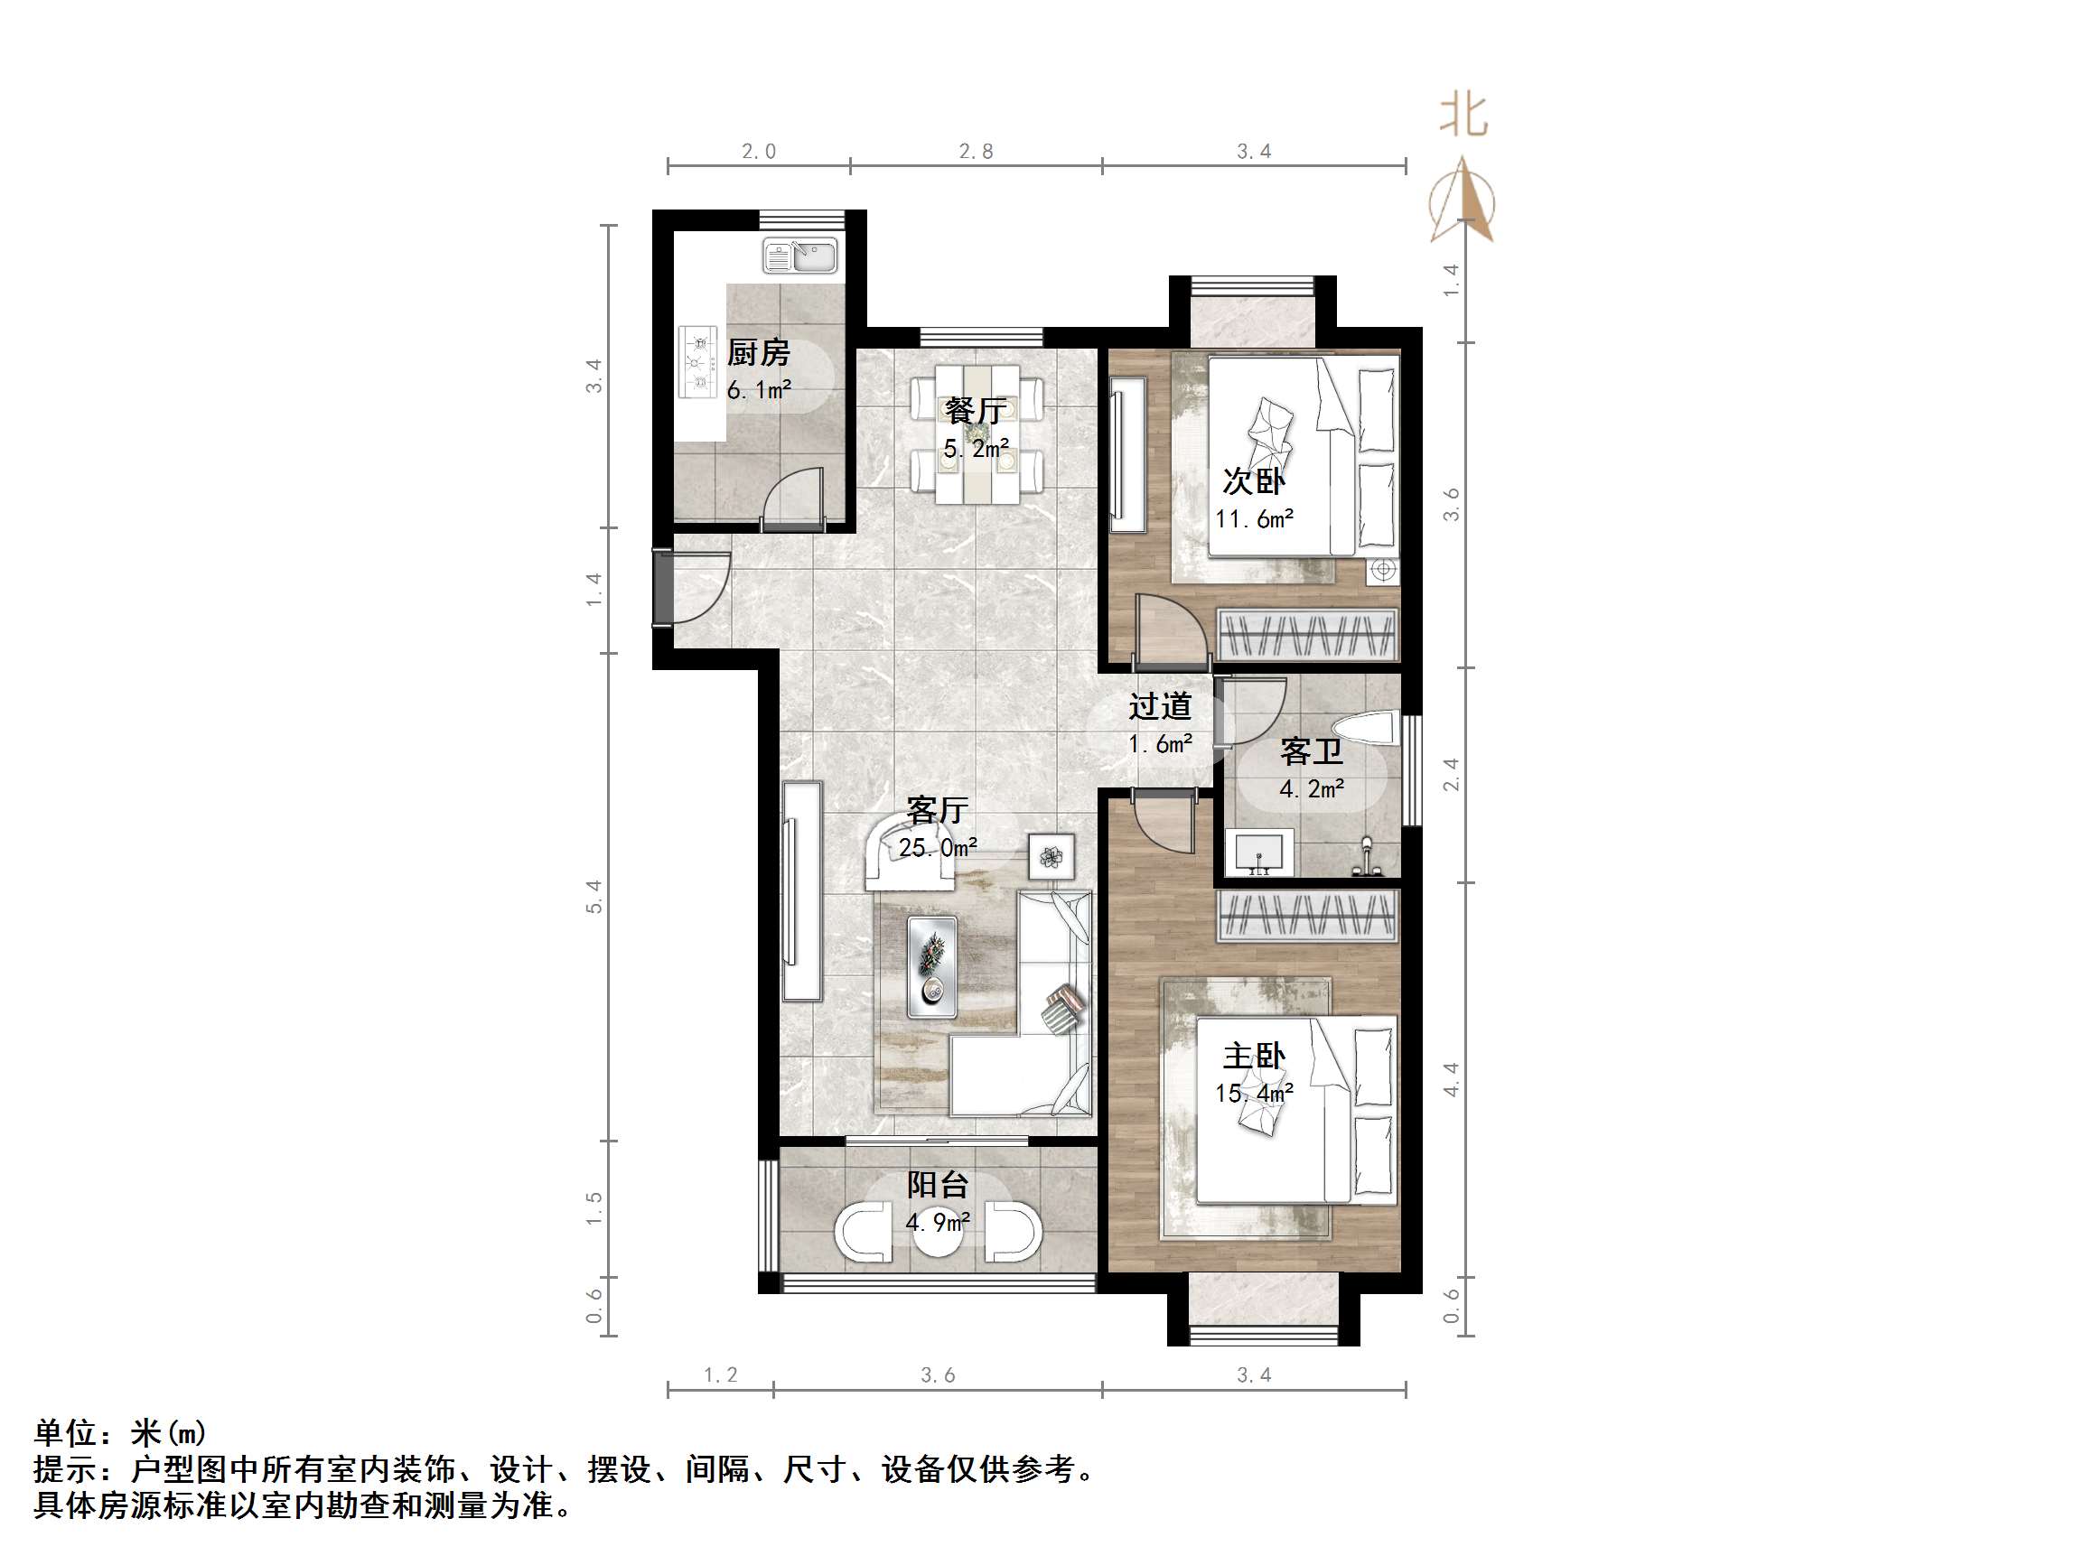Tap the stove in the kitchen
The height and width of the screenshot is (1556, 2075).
[x=697, y=361]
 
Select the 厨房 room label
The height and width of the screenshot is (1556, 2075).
[x=758, y=353]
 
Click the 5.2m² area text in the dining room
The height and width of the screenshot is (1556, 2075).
[x=976, y=449]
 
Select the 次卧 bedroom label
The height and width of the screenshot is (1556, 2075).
[x=1253, y=481]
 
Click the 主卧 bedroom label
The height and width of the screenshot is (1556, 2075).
[x=1253, y=1056]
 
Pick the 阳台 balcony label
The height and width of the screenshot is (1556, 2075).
[x=937, y=1185]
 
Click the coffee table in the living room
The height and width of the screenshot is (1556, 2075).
[x=931, y=967]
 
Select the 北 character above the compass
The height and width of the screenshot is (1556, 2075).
[x=1463, y=116]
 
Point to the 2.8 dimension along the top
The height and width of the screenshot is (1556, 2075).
[x=976, y=151]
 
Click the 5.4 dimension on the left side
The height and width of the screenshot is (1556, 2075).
[x=594, y=897]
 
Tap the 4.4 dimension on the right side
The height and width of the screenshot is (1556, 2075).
[x=1451, y=1078]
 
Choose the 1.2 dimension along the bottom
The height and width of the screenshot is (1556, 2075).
[x=721, y=1375]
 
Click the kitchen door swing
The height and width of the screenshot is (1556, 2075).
[x=792, y=497]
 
